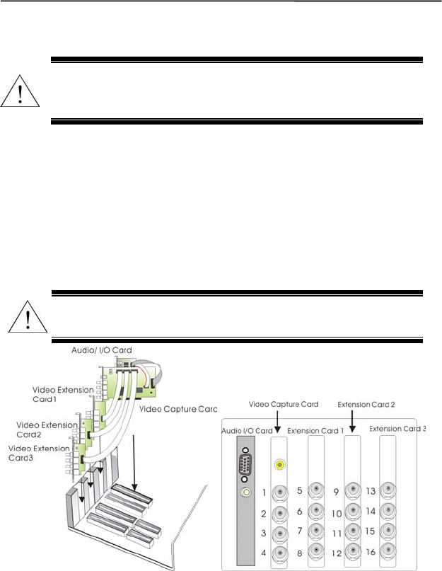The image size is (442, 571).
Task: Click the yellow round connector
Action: tap(281, 465)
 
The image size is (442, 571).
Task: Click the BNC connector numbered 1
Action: tap(281, 492)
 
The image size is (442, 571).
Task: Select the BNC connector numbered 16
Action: tap(387, 549)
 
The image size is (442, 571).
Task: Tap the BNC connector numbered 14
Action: tap(387, 510)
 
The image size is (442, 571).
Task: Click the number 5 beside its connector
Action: tap(300, 490)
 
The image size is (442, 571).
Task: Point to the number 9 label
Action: tap(336, 491)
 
